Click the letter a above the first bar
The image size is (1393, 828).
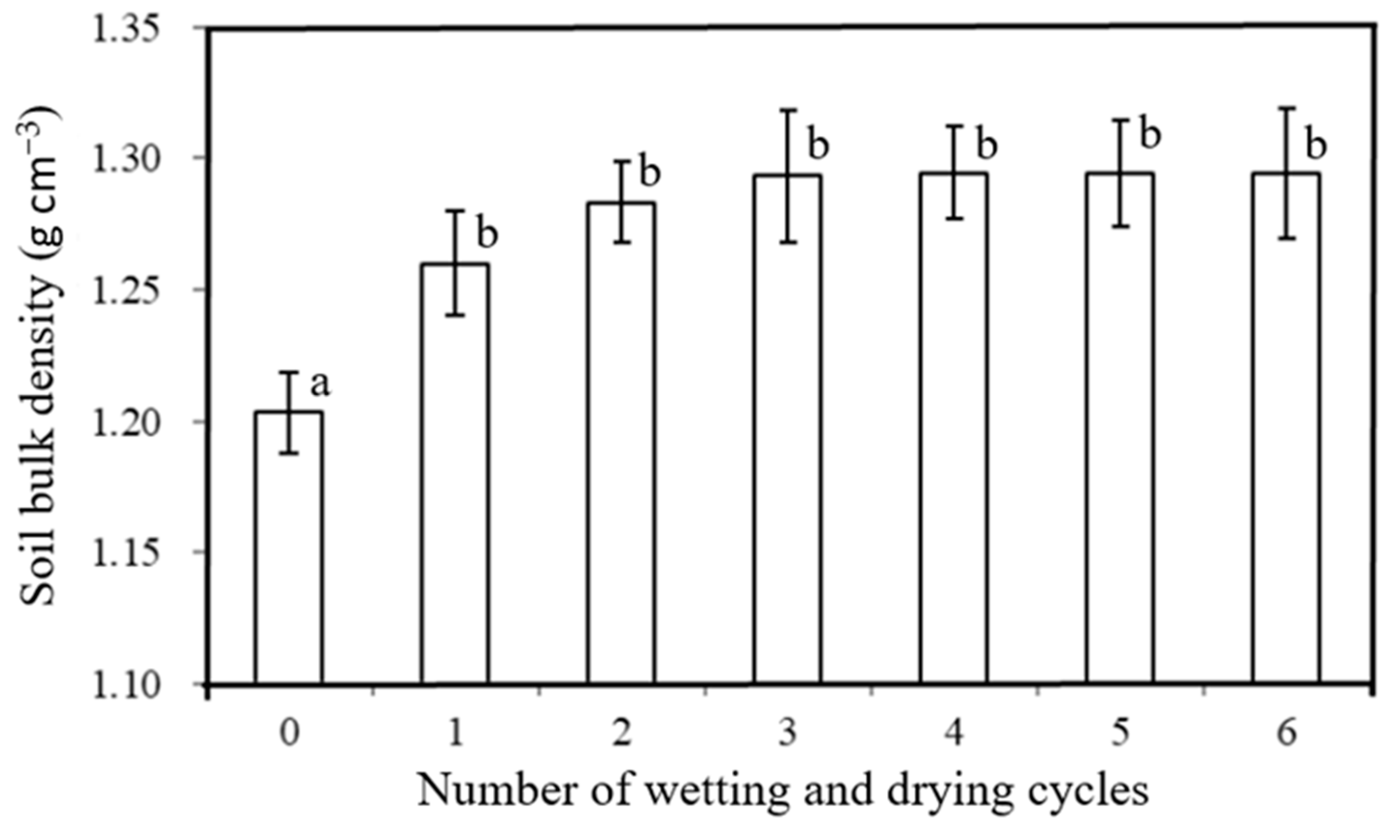click(x=320, y=384)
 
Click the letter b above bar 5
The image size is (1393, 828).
click(x=1149, y=134)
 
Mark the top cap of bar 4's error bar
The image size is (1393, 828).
click(x=955, y=126)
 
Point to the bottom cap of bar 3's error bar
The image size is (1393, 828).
click(x=787, y=243)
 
